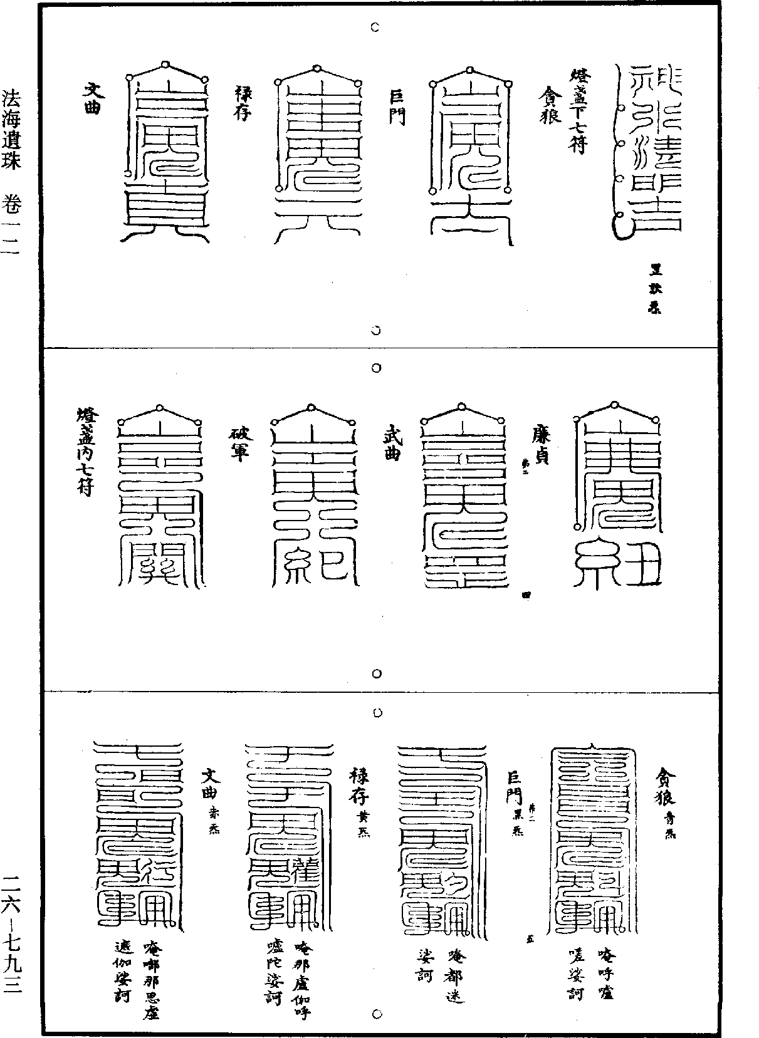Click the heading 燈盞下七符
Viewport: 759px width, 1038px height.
click(577, 112)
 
